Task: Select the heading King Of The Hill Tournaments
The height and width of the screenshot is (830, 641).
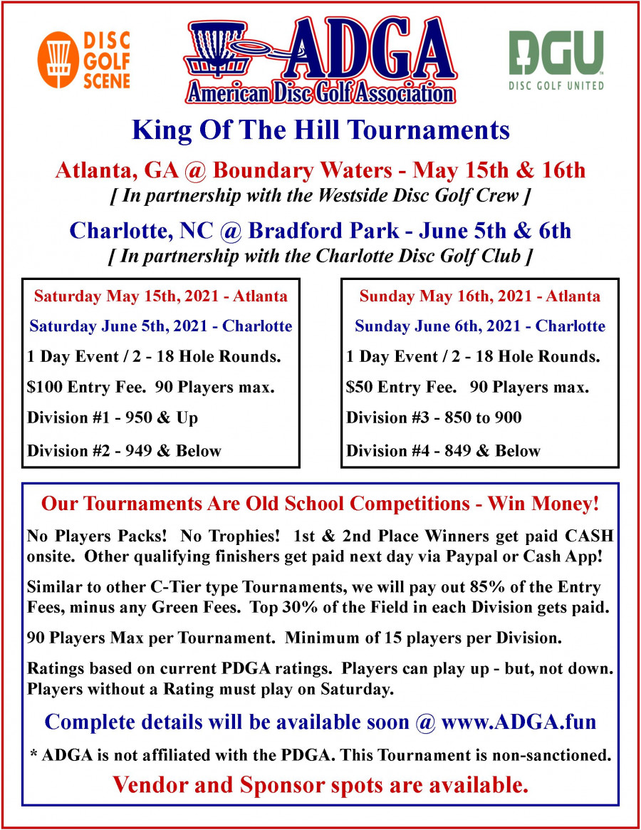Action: tap(320, 130)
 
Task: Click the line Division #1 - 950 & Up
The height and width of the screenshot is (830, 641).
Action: tap(113, 418)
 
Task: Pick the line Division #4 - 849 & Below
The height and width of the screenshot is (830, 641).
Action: tap(443, 450)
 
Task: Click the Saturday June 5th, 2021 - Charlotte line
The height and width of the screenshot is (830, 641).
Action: tap(161, 326)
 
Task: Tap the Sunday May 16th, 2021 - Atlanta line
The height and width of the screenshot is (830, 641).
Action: tap(479, 295)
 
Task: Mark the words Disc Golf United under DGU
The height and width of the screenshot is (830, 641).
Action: tap(556, 86)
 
